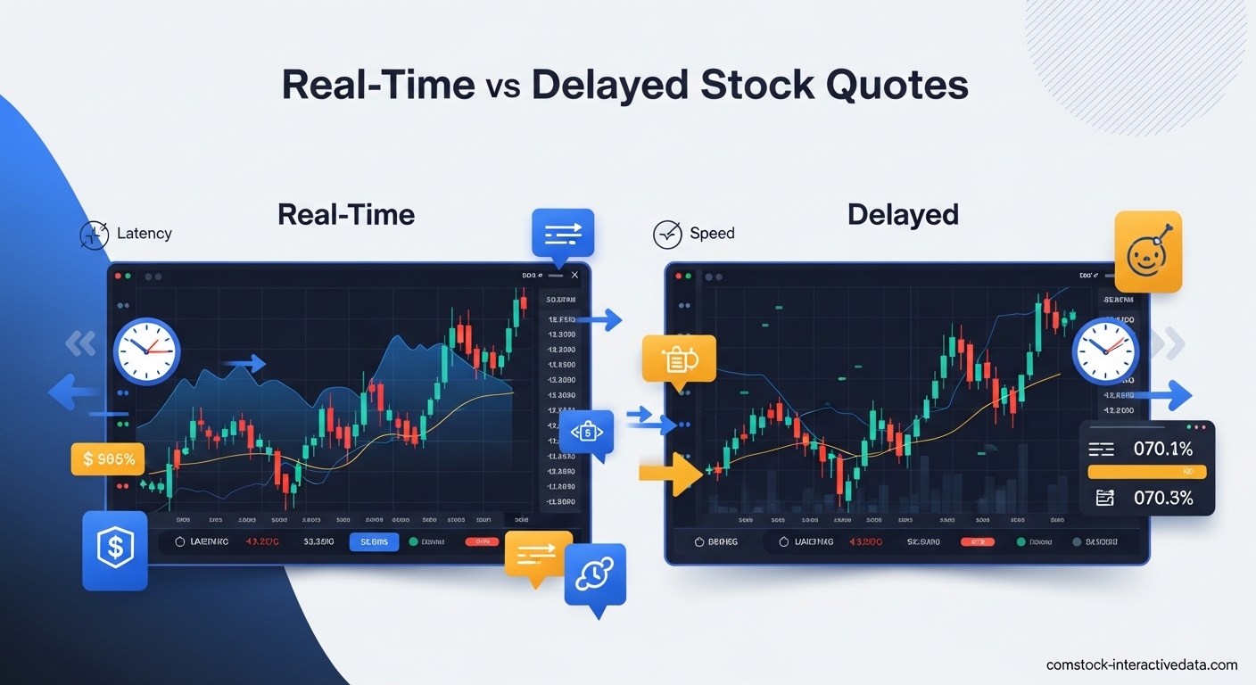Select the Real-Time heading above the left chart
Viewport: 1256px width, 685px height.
[x=346, y=215]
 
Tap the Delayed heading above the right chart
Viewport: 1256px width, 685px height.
[x=903, y=215]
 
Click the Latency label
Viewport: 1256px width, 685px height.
[x=144, y=234]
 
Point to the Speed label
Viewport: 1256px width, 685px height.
[x=712, y=234]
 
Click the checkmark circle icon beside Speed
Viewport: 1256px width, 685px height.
[x=667, y=235]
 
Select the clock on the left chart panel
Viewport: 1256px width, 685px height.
[x=146, y=351]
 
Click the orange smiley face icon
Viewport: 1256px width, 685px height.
[x=1148, y=252]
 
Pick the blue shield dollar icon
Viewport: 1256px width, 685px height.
[x=114, y=550]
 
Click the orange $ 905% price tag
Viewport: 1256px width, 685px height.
[x=107, y=459]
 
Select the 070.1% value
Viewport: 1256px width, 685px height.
[x=1162, y=449]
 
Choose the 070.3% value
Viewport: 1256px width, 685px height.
[x=1162, y=498]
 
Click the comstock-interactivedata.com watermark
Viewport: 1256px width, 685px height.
[x=1142, y=664]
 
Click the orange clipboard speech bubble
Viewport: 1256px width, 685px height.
[x=679, y=359]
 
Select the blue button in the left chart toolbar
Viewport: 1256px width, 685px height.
[x=374, y=541]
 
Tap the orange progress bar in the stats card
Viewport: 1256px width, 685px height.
[x=1147, y=472]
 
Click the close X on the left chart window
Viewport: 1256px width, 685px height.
[x=574, y=276]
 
